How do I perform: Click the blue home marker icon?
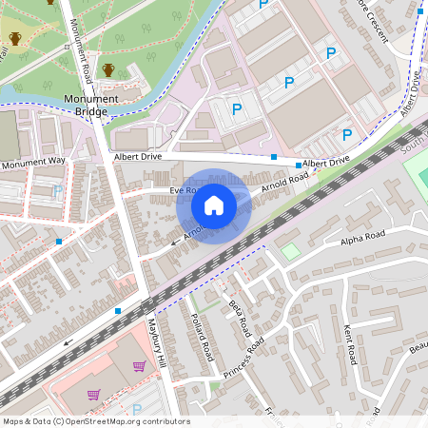214,205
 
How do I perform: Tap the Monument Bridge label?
90,105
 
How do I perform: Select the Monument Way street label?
33,163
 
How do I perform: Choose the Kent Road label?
350,342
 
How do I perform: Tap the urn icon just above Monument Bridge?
108,70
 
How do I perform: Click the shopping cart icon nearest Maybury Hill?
140,366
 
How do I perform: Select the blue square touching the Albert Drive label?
298,165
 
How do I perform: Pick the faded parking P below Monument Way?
58,191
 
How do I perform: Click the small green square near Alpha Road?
290,251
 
